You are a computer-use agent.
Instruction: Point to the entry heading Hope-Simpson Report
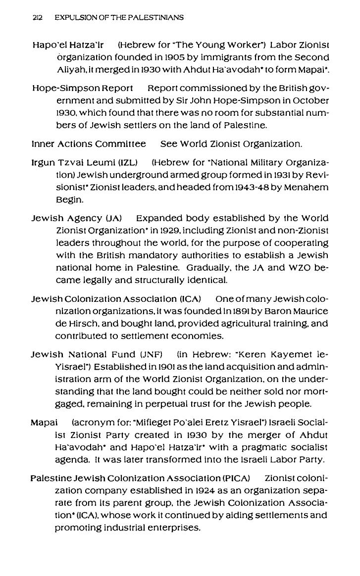pos(82,89)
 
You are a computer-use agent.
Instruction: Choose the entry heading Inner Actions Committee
pos(89,144)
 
